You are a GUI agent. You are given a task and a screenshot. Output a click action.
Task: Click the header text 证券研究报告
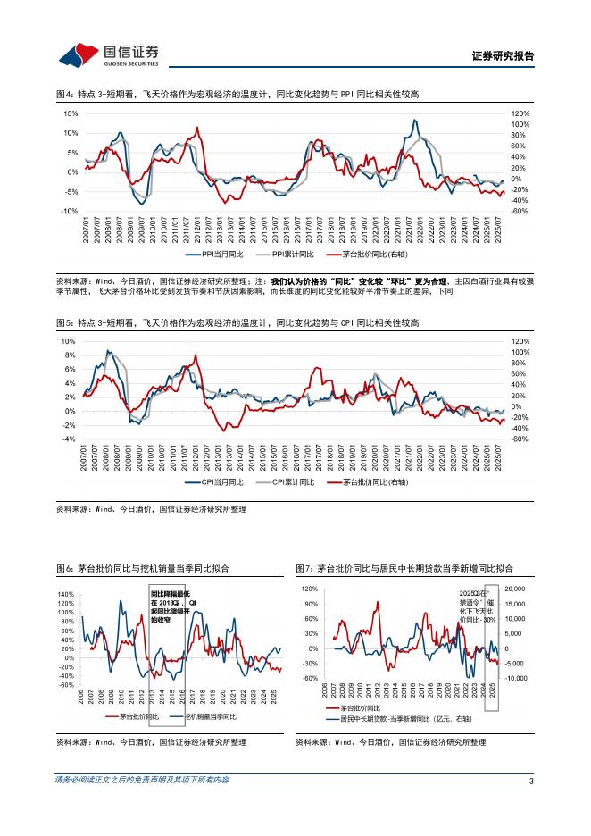(502, 55)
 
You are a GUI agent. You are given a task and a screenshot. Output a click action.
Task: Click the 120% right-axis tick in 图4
(520, 114)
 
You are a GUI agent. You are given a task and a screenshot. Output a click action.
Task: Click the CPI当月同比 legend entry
(212, 482)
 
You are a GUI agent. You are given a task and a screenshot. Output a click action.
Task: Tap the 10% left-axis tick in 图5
(68, 341)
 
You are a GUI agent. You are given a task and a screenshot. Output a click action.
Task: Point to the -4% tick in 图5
(68, 439)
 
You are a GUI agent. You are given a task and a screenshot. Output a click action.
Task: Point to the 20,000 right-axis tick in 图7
(519, 589)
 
